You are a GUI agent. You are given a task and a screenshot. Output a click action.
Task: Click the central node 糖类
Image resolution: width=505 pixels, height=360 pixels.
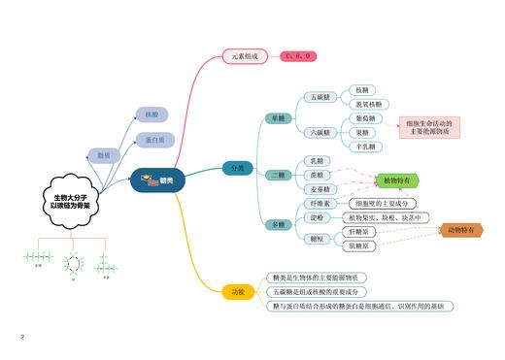(x=157, y=180)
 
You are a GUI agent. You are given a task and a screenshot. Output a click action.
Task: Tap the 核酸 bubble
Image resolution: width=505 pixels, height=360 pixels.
(x=151, y=115)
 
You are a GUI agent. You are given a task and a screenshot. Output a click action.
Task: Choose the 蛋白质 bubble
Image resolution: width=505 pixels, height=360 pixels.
(x=154, y=140)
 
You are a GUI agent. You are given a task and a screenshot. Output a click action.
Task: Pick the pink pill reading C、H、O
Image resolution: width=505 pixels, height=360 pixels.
(x=296, y=56)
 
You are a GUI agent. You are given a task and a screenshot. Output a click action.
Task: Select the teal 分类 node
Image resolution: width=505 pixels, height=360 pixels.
(x=238, y=168)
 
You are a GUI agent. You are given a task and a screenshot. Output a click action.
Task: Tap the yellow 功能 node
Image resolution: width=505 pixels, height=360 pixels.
(x=238, y=290)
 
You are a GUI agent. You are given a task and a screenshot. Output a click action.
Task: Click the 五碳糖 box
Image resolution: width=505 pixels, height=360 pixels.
(x=320, y=97)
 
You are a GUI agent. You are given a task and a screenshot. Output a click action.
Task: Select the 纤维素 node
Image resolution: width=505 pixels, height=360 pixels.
(x=320, y=204)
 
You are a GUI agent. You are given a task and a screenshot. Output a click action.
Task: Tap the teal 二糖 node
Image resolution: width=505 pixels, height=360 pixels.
(x=279, y=175)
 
